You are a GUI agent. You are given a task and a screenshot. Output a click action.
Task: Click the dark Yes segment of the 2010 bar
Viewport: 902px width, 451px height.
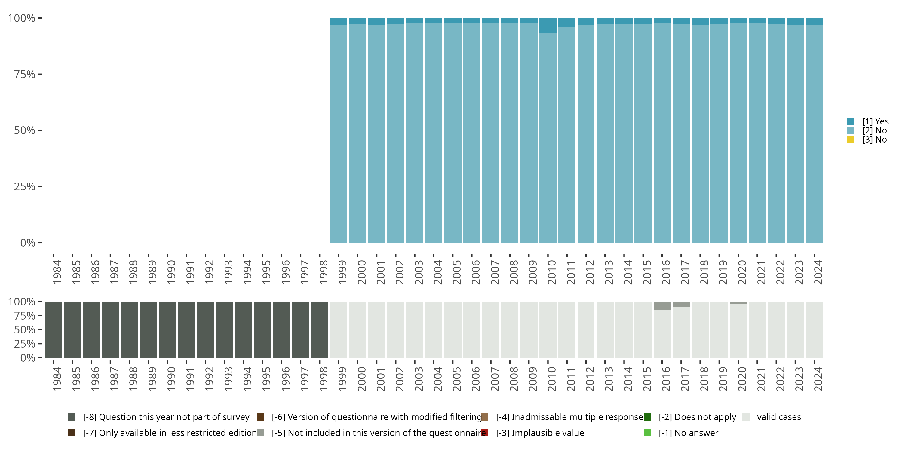pyautogui.click(x=548, y=25)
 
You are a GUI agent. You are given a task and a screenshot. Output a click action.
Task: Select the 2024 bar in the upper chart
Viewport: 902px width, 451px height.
pyautogui.click(x=814, y=133)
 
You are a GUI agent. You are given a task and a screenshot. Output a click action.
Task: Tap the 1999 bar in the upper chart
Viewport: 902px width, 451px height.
pyautogui.click(x=339, y=133)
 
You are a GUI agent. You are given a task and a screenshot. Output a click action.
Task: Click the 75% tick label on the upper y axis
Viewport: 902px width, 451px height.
pyautogui.click(x=25, y=74)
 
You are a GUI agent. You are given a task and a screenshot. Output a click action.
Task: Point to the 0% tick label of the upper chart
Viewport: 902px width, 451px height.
pyautogui.click(x=28, y=243)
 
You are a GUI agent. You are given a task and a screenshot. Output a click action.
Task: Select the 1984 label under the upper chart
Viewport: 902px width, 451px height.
pyautogui.click(x=57, y=272)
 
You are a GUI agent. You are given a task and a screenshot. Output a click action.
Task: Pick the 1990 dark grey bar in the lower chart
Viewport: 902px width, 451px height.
pyautogui.click(x=167, y=330)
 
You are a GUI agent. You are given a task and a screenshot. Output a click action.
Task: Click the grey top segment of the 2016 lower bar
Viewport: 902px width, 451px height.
pyautogui.click(x=662, y=306)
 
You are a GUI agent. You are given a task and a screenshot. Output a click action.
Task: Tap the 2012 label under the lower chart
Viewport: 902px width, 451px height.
pyautogui.click(x=590, y=379)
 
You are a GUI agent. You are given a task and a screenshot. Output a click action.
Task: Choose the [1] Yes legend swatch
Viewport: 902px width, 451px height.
pyautogui.click(x=851, y=121)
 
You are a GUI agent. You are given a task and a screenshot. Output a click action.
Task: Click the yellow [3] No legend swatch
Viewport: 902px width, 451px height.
pyautogui.click(x=851, y=140)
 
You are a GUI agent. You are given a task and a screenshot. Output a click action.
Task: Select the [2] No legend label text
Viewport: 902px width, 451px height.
pyautogui.click(x=874, y=130)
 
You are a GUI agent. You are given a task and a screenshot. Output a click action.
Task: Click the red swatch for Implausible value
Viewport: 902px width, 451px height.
pyautogui.click(x=485, y=433)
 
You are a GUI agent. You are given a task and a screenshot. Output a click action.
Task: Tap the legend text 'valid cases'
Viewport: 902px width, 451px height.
pyautogui.click(x=779, y=417)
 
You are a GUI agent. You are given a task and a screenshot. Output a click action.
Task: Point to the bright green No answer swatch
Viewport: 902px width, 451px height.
pyautogui.click(x=647, y=433)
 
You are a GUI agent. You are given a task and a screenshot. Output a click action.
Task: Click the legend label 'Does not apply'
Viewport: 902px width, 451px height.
pyautogui.click(x=697, y=417)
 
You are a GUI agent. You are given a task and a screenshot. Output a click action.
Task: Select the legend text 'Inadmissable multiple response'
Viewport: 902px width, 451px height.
pyautogui.click(x=569, y=417)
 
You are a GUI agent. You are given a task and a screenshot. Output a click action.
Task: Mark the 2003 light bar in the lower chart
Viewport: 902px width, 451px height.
pyautogui.click(x=415, y=330)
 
